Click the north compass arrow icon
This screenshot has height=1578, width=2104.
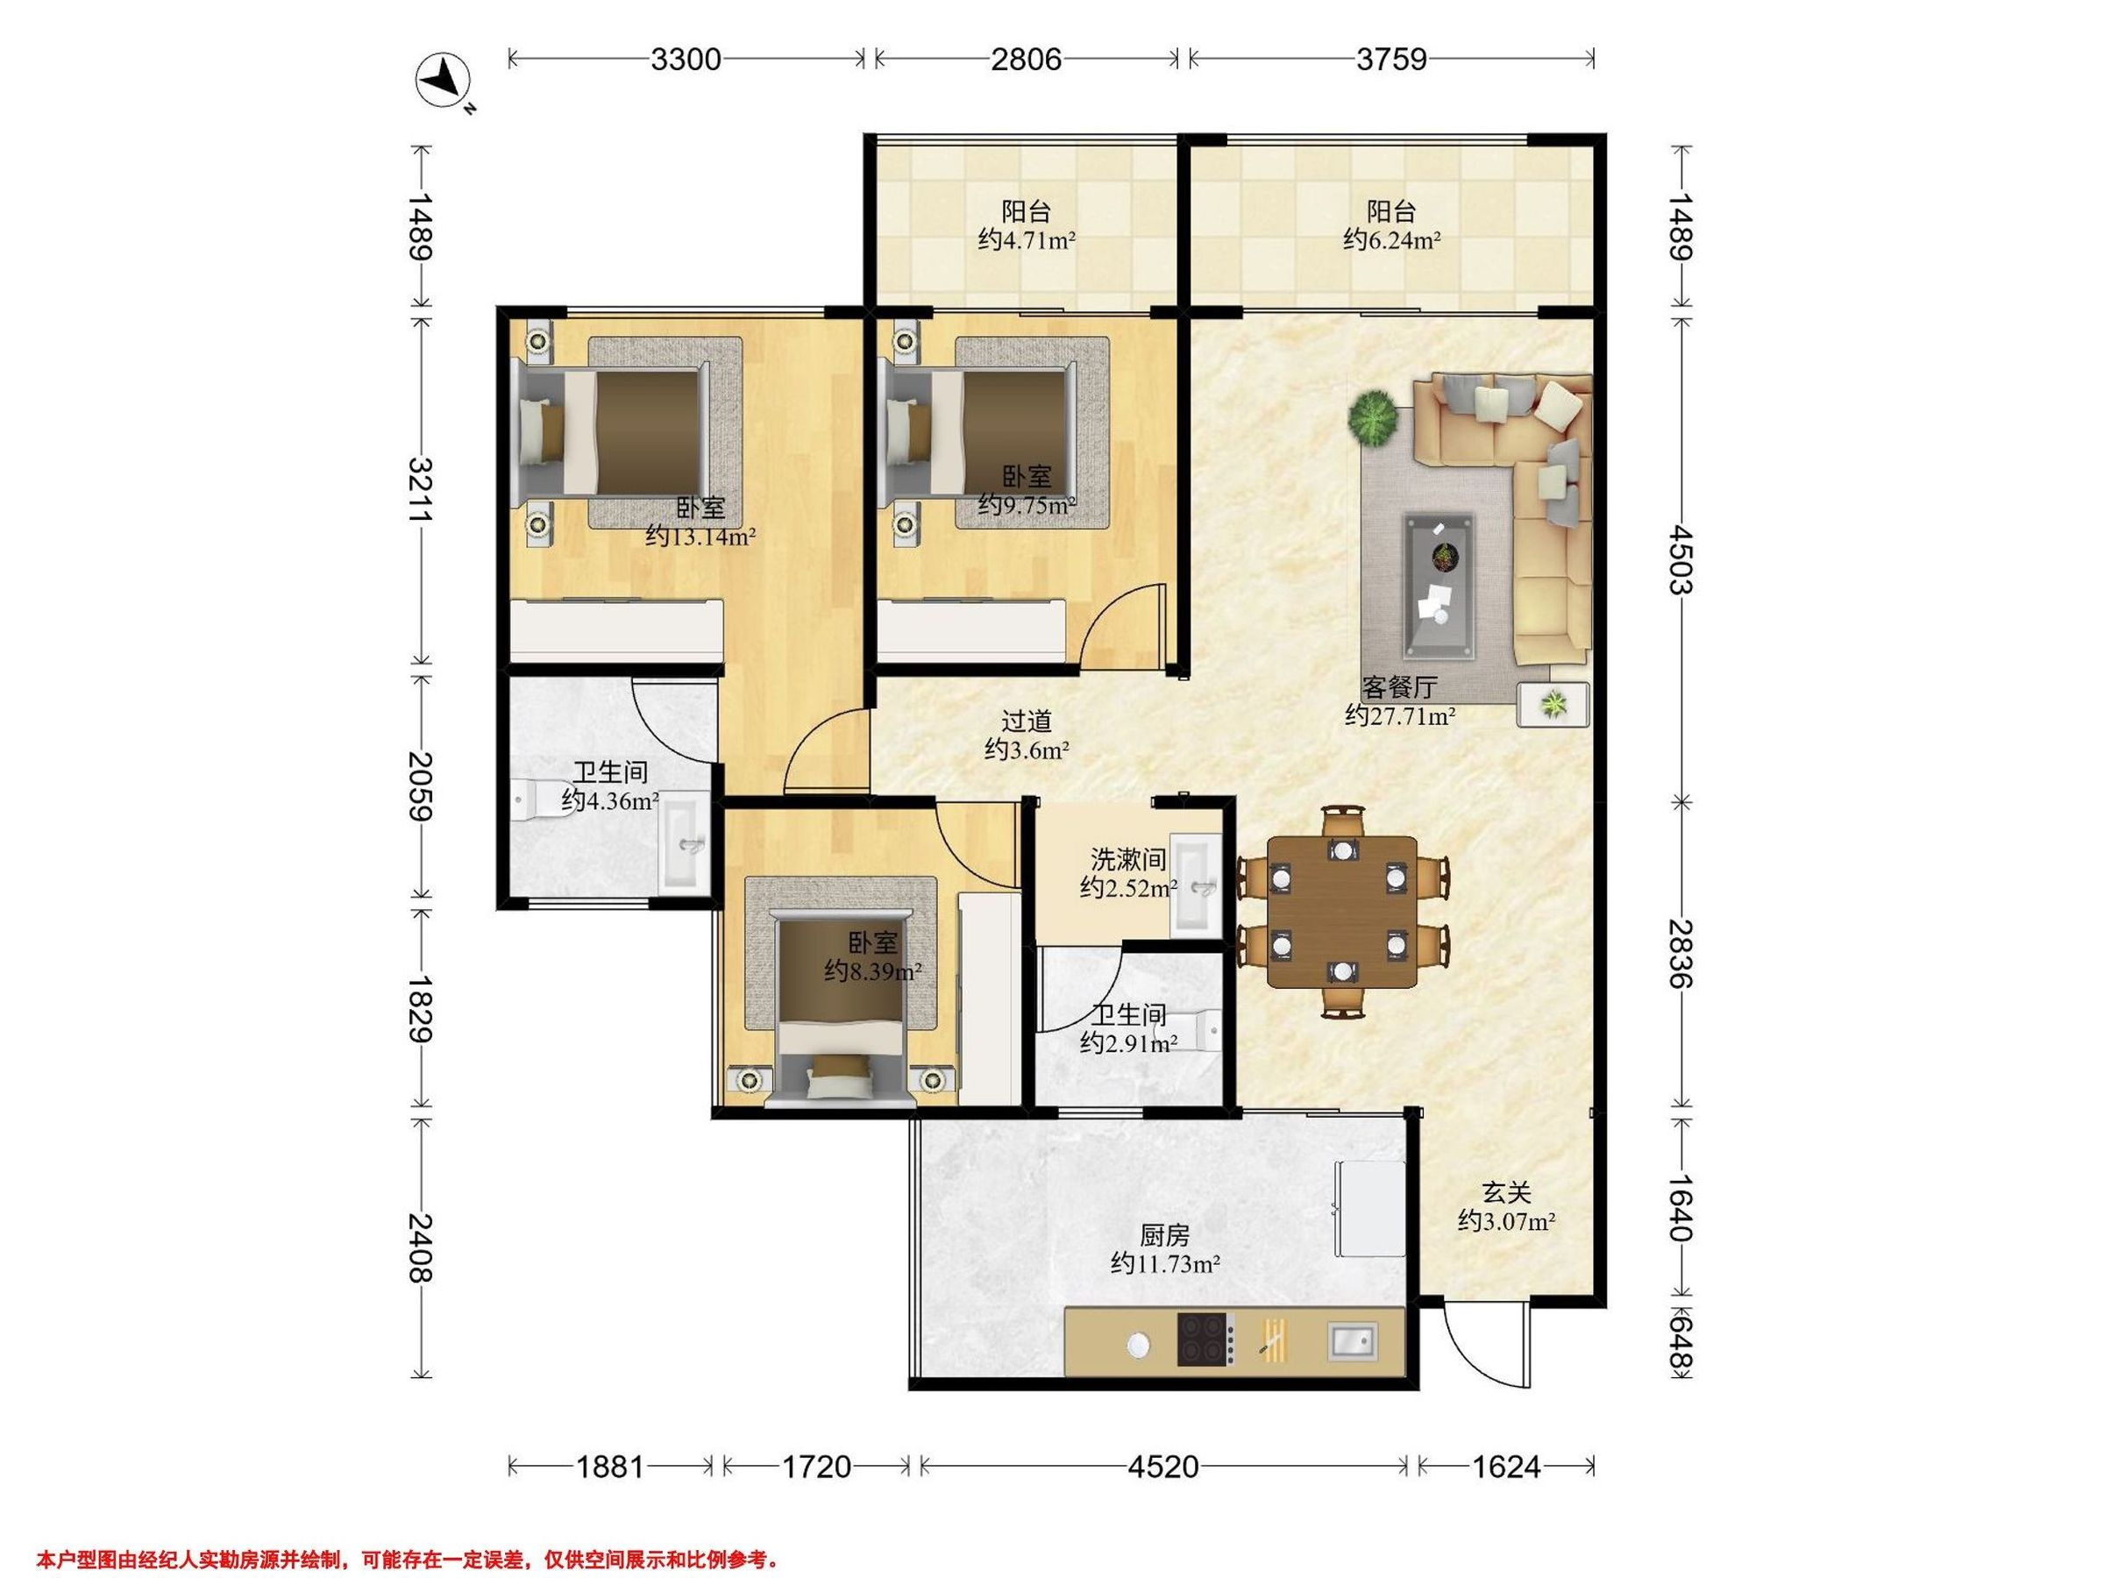click(443, 80)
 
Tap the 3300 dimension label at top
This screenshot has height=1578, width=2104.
click(686, 60)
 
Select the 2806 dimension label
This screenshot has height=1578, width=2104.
click(1026, 60)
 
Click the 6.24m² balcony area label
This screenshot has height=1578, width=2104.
click(1391, 241)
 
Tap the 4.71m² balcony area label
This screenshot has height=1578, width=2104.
click(1027, 241)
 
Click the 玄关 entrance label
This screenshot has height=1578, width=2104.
click(1507, 1191)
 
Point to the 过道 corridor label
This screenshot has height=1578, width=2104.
click(1027, 722)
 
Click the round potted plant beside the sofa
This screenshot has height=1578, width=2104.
click(1373, 417)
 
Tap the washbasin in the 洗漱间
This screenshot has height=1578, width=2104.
click(1195, 883)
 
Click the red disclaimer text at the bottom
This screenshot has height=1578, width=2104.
click(408, 1533)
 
